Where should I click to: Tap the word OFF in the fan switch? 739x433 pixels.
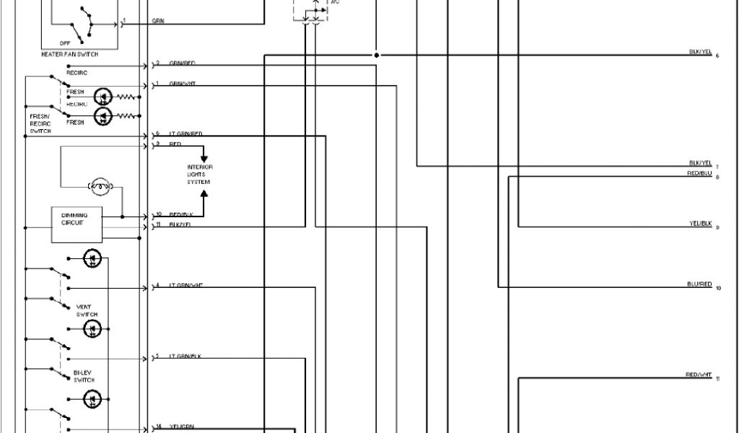[x=75, y=43]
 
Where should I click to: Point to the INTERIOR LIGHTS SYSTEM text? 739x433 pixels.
[x=199, y=175]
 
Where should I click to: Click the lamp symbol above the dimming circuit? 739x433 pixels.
[x=100, y=186]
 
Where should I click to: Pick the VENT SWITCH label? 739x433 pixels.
[x=87, y=311]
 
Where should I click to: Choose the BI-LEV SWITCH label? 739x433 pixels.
[x=84, y=377]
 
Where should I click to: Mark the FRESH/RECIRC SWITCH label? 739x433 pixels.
[x=40, y=123]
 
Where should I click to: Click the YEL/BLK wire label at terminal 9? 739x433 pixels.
[x=700, y=224]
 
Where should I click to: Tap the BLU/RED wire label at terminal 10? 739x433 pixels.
[x=699, y=284]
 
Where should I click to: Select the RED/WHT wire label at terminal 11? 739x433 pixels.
[x=698, y=375]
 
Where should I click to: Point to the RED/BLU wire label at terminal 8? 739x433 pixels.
[x=699, y=173]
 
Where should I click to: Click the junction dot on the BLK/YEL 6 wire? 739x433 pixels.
[x=376, y=55]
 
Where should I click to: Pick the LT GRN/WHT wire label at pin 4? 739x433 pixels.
[x=186, y=285]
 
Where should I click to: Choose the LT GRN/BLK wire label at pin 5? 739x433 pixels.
[x=185, y=357]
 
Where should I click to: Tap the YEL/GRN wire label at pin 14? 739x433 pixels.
[x=182, y=427]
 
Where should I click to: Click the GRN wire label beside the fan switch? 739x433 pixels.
[x=158, y=21]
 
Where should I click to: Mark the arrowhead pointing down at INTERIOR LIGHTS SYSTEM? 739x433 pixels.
[x=204, y=157]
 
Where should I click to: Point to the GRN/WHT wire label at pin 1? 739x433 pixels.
[x=183, y=84]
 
